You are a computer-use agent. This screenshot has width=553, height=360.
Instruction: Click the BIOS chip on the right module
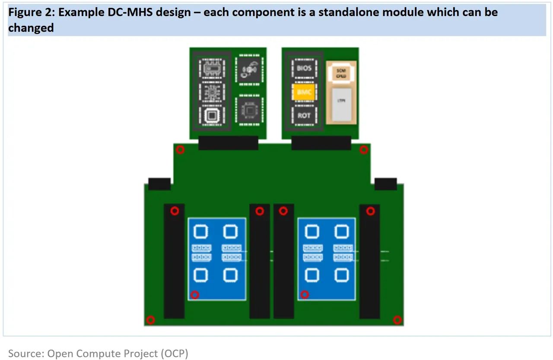click(x=304, y=68)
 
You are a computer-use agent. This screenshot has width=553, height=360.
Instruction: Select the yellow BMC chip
click(x=304, y=92)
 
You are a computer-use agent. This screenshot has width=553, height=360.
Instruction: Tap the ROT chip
click(x=304, y=115)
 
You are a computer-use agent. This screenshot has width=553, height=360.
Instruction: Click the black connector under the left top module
click(x=228, y=143)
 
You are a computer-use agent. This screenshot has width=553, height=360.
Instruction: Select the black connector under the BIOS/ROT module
click(x=321, y=143)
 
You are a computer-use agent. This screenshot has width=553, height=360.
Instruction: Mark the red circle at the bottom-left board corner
click(x=150, y=320)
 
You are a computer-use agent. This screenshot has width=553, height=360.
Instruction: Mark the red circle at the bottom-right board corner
click(x=397, y=320)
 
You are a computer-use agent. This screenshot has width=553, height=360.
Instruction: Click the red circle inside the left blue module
click(x=195, y=295)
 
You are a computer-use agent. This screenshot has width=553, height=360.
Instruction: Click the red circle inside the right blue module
click(x=305, y=295)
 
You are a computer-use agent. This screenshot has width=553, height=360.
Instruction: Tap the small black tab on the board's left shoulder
click(x=159, y=184)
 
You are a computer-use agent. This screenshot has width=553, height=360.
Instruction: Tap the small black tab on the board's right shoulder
click(x=385, y=184)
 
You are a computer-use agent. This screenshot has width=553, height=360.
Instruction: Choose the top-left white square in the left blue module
click(x=200, y=232)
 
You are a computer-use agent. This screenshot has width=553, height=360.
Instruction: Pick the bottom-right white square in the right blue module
click(x=341, y=275)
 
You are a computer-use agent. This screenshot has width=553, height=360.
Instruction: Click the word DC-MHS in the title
click(x=123, y=12)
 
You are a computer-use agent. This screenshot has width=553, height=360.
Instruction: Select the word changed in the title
click(x=31, y=28)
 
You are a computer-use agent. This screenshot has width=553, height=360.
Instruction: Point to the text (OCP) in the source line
click(x=175, y=354)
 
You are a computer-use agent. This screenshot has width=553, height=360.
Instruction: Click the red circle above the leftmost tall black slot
click(x=175, y=211)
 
